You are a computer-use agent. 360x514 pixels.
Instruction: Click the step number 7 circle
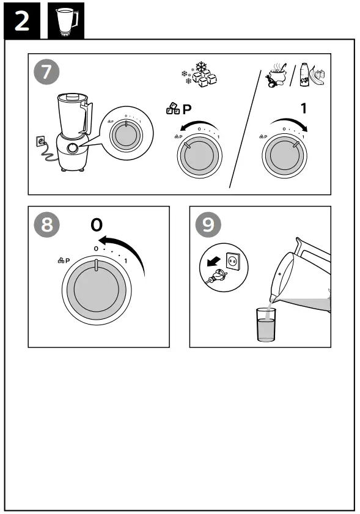pos(46,72)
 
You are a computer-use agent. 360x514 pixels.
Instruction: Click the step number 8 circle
pos(46,224)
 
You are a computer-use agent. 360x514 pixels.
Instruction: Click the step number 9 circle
pos(208,224)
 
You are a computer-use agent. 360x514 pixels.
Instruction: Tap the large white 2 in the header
pos(21,21)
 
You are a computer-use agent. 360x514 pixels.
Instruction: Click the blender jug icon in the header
pos(67,21)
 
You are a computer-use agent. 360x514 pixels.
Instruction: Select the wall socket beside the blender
pos(40,142)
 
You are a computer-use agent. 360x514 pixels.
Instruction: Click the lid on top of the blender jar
pos(73,97)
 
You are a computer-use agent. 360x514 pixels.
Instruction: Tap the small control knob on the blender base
pos(73,148)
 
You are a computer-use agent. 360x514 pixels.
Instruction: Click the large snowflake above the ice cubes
pos(200,67)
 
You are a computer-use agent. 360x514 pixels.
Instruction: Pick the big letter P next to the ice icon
pos(187,109)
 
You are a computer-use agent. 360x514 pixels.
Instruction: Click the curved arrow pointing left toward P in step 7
pos(197,125)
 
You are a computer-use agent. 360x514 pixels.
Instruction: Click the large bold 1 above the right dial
pos(304,108)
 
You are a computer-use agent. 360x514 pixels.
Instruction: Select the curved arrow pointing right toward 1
pos(289,122)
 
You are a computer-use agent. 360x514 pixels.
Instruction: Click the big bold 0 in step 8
pos(97,225)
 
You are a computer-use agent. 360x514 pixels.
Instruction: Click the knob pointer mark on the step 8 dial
pos(96,265)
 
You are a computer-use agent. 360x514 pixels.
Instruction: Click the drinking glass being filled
pos(266,325)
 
